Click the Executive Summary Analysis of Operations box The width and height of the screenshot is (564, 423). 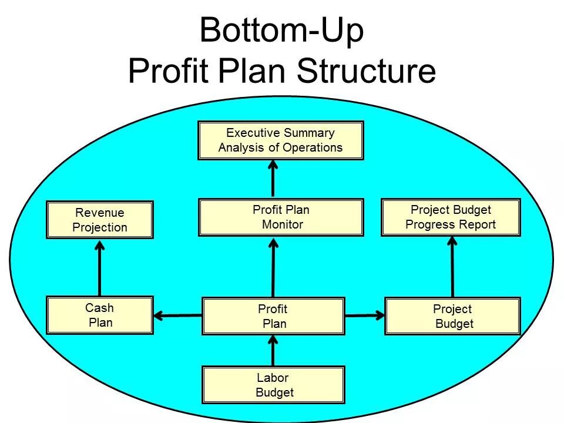pyautogui.click(x=280, y=140)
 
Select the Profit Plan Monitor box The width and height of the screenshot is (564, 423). pyautogui.click(x=280, y=217)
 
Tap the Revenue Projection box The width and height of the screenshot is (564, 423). pyautogui.click(x=100, y=220)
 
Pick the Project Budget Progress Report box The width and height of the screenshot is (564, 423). pyautogui.click(x=451, y=217)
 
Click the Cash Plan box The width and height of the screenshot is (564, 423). pyautogui.click(x=100, y=315)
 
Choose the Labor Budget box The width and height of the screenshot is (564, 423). pyautogui.click(x=273, y=385)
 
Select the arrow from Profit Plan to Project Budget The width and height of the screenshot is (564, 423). pyautogui.click(x=364, y=316)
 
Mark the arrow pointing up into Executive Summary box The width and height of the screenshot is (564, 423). pyautogui.click(x=273, y=179)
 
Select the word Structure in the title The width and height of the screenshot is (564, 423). pyautogui.click(x=366, y=72)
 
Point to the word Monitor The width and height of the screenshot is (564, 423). pyautogui.click(x=283, y=224)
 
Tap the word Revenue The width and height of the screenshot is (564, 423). pyautogui.click(x=100, y=213)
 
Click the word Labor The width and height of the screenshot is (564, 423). pyautogui.click(x=273, y=378)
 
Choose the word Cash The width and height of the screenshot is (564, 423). pyautogui.click(x=99, y=308)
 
